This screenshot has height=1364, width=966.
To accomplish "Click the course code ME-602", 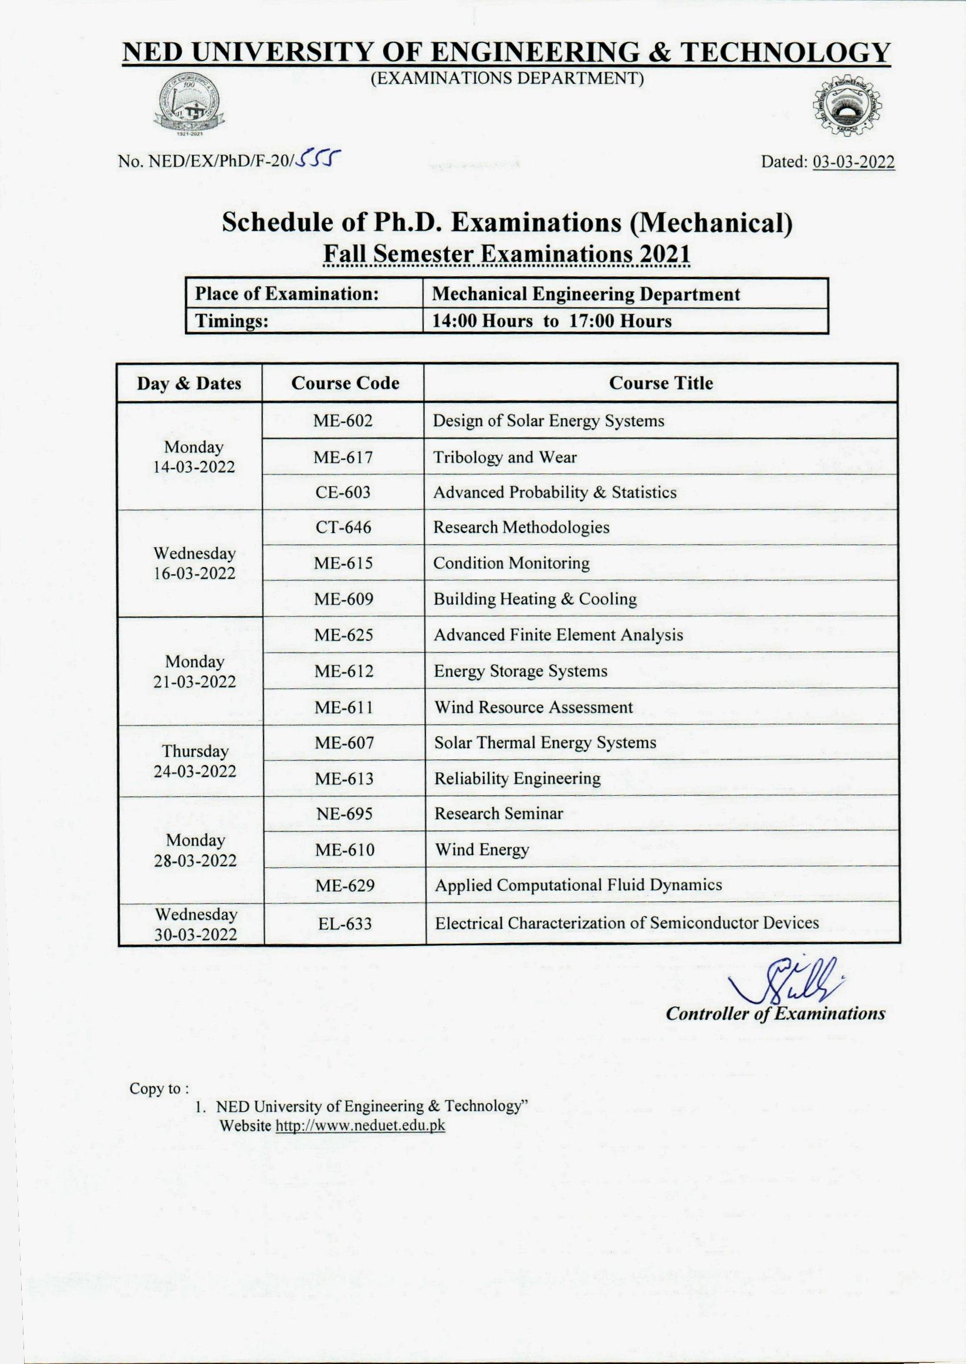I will [343, 421].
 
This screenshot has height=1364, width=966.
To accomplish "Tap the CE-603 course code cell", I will [343, 492].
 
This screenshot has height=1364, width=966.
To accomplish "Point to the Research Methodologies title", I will [521, 527].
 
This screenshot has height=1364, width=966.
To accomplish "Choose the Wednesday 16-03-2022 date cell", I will [194, 563].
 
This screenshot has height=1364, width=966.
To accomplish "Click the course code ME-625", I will [344, 635].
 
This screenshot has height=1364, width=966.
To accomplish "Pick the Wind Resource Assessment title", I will [533, 707].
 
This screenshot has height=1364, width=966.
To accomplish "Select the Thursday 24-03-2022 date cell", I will [195, 761].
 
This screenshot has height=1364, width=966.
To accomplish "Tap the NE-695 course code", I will [344, 813].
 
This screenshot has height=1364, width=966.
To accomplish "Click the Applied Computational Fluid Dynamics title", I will [577, 885].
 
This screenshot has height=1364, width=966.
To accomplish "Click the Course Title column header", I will [661, 384].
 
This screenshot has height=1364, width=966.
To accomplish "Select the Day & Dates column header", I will [189, 384].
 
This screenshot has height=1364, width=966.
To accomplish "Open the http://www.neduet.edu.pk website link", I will [361, 1127].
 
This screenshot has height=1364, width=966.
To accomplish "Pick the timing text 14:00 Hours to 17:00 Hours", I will [552, 321].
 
